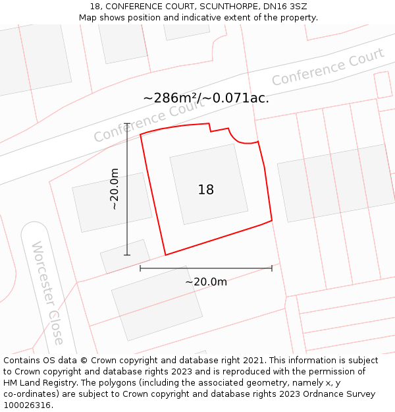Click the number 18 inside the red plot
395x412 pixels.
tap(206, 190)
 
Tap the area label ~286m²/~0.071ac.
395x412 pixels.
tap(206, 98)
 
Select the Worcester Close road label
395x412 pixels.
tap(48, 293)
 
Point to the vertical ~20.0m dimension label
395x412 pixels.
tap(115, 189)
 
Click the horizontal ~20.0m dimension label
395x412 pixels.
tap(206, 281)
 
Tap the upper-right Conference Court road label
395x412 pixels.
tap(327, 67)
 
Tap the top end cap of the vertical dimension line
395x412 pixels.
tap(127, 124)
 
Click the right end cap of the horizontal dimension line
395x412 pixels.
tap(272, 268)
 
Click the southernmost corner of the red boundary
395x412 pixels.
tap(165, 254)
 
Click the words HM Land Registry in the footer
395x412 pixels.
tap(36, 382)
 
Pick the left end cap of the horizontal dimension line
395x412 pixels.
tap(140, 268)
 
